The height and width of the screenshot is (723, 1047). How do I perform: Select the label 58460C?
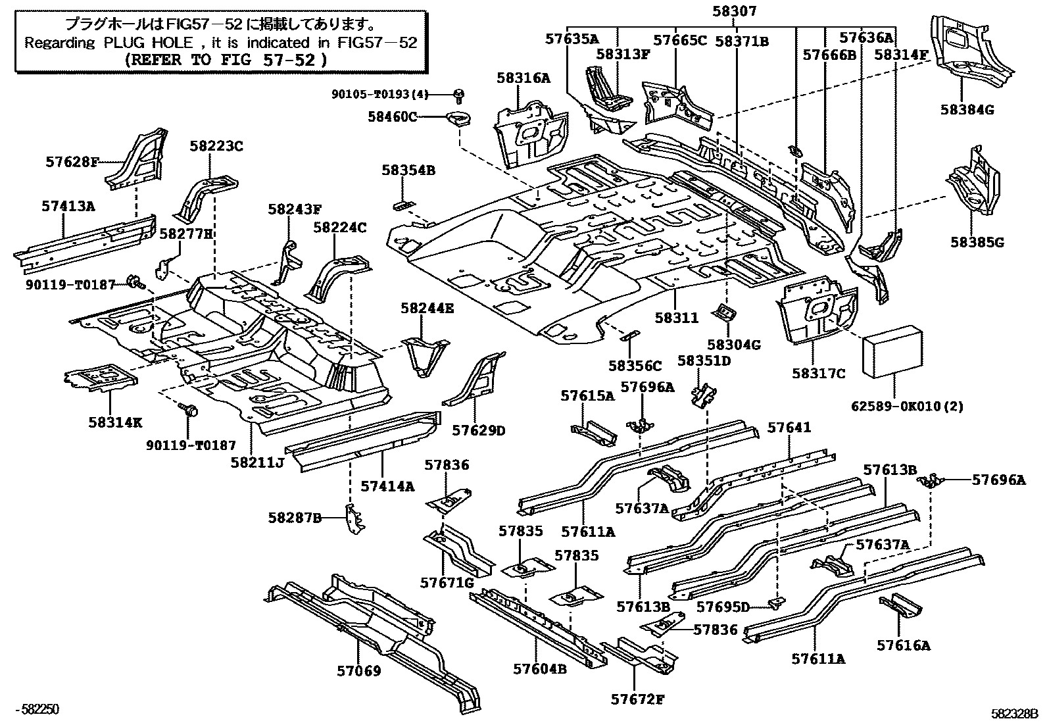(393, 117)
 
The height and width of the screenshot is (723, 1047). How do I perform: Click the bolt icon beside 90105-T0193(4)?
(459, 96)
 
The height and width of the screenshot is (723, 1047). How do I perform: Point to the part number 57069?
(359, 670)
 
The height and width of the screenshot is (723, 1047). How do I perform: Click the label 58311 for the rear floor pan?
(677, 317)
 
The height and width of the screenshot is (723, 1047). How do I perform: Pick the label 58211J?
(256, 462)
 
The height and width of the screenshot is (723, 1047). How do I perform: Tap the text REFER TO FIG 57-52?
(226, 59)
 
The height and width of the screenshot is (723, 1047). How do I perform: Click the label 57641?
(789, 428)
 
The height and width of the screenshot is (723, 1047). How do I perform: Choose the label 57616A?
(903, 645)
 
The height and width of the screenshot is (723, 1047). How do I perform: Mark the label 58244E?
(427, 308)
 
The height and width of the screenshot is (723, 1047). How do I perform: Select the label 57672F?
(637, 699)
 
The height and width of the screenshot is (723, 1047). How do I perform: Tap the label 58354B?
(408, 170)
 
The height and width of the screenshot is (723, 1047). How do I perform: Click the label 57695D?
(723, 607)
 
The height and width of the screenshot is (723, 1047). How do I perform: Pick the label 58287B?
(295, 518)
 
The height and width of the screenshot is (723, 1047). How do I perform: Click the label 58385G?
(977, 242)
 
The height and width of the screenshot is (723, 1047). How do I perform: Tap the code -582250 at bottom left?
(40, 709)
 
